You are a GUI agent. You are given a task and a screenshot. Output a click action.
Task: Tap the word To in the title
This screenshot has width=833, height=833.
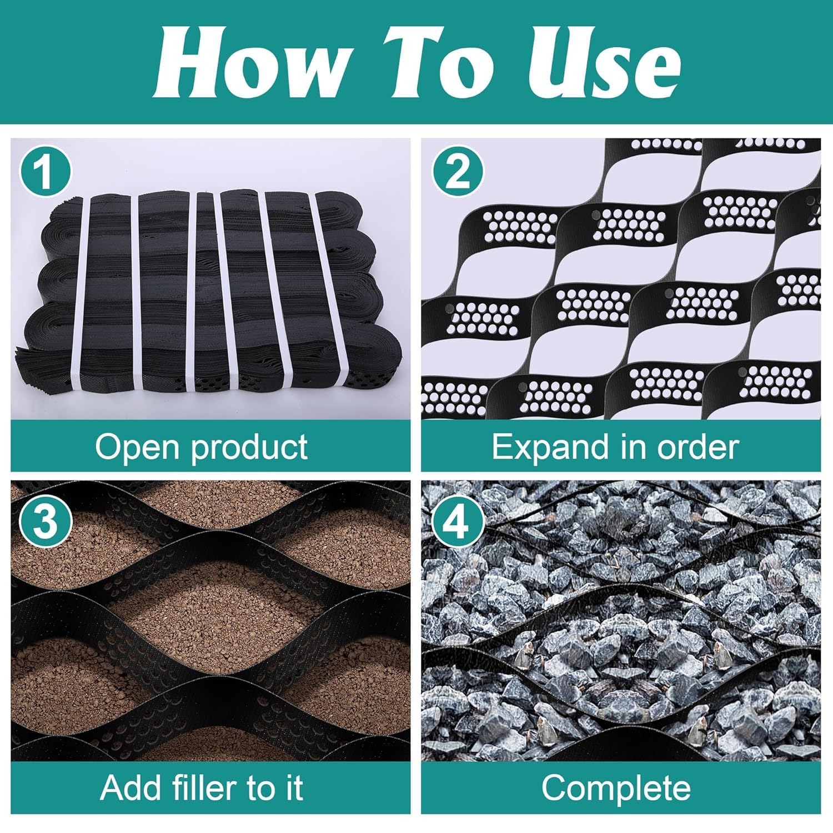tap(444, 62)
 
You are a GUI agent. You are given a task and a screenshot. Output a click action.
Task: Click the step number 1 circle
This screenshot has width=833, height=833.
tap(46, 172)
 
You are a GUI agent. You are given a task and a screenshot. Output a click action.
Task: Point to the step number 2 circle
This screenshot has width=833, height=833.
tap(458, 172)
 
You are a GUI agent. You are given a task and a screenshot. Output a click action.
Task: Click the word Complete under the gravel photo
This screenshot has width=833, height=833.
tap(616, 787)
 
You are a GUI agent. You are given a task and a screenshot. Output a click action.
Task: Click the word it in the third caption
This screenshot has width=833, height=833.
tap(295, 787)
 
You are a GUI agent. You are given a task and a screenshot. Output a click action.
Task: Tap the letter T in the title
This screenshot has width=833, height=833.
tap(422, 62)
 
